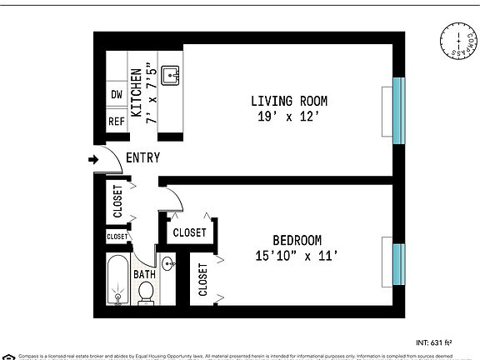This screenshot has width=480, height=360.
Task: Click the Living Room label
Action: coord(289,101)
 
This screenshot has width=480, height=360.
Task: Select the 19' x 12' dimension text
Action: coord(289,117)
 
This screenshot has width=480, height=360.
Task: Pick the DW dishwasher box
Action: coord(117,94)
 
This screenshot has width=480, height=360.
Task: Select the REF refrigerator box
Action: coord(117,122)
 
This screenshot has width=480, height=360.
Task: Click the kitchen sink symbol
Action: coord(172,76)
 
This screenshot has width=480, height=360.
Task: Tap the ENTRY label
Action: coord(142,158)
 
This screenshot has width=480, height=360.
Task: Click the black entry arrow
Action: coord(91,159)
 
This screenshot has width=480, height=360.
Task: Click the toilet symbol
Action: coord(146,292)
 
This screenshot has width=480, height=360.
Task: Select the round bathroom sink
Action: coord(168,265)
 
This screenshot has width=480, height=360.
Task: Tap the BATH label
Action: coord(145,274)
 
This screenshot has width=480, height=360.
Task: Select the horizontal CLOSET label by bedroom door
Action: coord(190,232)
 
